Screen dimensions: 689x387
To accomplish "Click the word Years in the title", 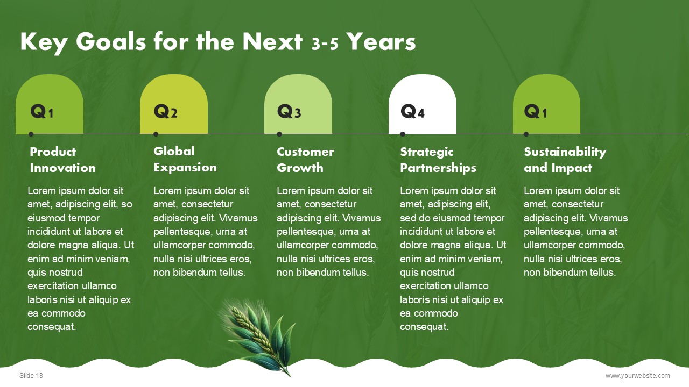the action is [x=381, y=42].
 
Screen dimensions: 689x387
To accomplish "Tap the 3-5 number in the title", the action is [x=325, y=44].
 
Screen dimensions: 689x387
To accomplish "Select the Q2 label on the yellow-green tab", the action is [x=165, y=111].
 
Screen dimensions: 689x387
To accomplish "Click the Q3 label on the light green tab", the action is [x=289, y=111].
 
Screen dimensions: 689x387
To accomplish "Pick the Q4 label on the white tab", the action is [x=412, y=111].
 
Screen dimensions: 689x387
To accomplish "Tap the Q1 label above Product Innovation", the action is [x=42, y=111].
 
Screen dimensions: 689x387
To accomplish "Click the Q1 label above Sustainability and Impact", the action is [x=536, y=111].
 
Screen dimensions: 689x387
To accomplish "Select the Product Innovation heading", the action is [x=63, y=160].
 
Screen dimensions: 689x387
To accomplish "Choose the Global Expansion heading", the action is [x=185, y=159].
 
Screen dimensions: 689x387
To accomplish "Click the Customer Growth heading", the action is [x=305, y=160].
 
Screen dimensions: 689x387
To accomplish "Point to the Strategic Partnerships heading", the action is [x=438, y=160].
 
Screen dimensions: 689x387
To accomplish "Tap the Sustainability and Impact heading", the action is [x=565, y=160].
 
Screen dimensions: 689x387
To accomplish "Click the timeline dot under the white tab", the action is [x=403, y=134].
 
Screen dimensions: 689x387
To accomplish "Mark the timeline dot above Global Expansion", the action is [x=156, y=134].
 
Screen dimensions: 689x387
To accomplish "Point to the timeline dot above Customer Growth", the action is [x=279, y=134].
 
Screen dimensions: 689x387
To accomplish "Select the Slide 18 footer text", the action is [x=31, y=375].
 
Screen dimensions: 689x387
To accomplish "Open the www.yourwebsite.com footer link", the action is [x=638, y=375].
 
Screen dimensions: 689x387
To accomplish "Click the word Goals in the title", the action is [x=111, y=42].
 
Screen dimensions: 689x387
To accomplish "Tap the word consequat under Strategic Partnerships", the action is [x=424, y=327].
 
